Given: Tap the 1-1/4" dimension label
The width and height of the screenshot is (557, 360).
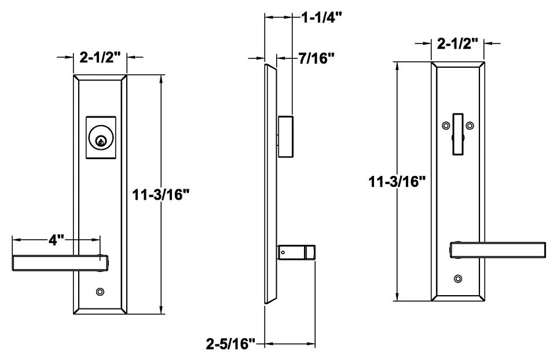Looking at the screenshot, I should pos(322,17).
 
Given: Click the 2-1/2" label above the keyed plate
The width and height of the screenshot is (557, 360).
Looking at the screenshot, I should pos(100,57).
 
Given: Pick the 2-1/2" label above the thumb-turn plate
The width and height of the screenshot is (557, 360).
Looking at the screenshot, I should pos(457,43).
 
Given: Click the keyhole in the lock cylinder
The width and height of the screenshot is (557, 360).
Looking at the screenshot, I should pos(101,139).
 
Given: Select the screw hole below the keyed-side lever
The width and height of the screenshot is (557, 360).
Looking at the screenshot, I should pos(101,291).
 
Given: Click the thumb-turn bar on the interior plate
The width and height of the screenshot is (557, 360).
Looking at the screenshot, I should pos(458,134).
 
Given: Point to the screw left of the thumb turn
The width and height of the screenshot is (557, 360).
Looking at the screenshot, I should pos(445,125).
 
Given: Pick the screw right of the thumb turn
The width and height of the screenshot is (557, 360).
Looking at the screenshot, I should pos(470,125).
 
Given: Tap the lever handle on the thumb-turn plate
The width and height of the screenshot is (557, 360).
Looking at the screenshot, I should pos(499,249).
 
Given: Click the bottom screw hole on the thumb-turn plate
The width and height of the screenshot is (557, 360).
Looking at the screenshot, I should pos(458,278).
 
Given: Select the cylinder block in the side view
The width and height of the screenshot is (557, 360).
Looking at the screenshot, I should pos(286,136).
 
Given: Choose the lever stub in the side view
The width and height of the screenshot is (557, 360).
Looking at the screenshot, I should pos(297,252).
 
